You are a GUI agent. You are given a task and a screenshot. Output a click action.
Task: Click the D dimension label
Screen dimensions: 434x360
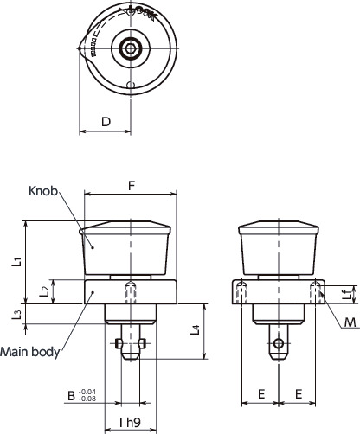pyautogui.click(x=105, y=122)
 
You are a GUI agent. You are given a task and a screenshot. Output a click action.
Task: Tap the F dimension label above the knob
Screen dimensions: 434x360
pyautogui.click(x=131, y=184)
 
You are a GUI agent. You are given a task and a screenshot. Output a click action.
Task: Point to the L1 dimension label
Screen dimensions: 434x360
pyautogui.click(x=17, y=262)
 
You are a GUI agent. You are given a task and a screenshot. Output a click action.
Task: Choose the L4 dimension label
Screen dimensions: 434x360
pyautogui.click(x=196, y=329)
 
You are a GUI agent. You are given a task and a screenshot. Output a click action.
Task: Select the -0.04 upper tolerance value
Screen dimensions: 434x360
pyautogui.click(x=87, y=392)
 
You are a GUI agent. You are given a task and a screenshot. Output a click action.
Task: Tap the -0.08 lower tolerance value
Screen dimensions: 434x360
pyautogui.click(x=87, y=399)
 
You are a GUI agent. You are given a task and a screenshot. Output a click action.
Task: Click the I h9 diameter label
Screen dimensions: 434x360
pyautogui.click(x=130, y=424)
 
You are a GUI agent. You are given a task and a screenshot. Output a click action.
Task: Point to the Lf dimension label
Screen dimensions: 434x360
pyautogui.click(x=344, y=295)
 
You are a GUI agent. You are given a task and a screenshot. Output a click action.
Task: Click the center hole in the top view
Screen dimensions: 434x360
pyautogui.click(x=130, y=48)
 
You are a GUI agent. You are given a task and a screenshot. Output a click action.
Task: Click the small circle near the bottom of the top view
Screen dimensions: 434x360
pyautogui.click(x=130, y=85)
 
